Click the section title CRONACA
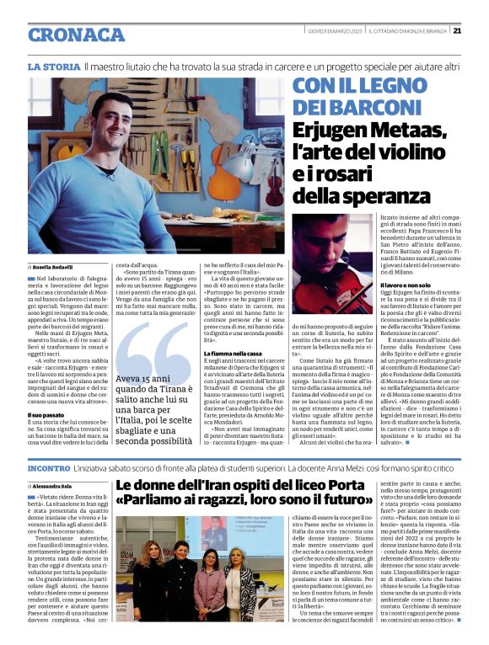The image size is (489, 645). pyautogui.click(x=77, y=35)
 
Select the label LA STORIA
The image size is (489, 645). pyautogui.click(x=54, y=66)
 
